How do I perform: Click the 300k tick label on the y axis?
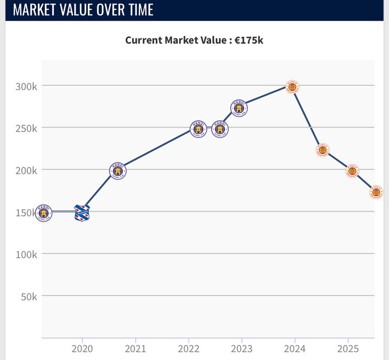tap(26, 86)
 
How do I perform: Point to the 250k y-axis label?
tap(26, 128)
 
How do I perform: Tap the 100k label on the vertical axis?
tap(26, 254)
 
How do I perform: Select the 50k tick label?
tap(29, 297)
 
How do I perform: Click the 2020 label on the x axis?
tap(82, 349)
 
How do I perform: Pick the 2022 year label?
tap(188, 349)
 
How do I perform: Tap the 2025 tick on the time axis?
tap(348, 349)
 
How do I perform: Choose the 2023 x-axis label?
tap(242, 349)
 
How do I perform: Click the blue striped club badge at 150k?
tap(82, 213)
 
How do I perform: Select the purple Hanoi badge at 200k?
tap(118, 170)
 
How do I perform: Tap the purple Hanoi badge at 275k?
tap(239, 108)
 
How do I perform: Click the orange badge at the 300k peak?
tap(293, 86)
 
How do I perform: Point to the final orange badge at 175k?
tap(376, 193)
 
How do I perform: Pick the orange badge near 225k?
tap(322, 150)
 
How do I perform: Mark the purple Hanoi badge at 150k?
tap(43, 213)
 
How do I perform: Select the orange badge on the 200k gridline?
tap(352, 171)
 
